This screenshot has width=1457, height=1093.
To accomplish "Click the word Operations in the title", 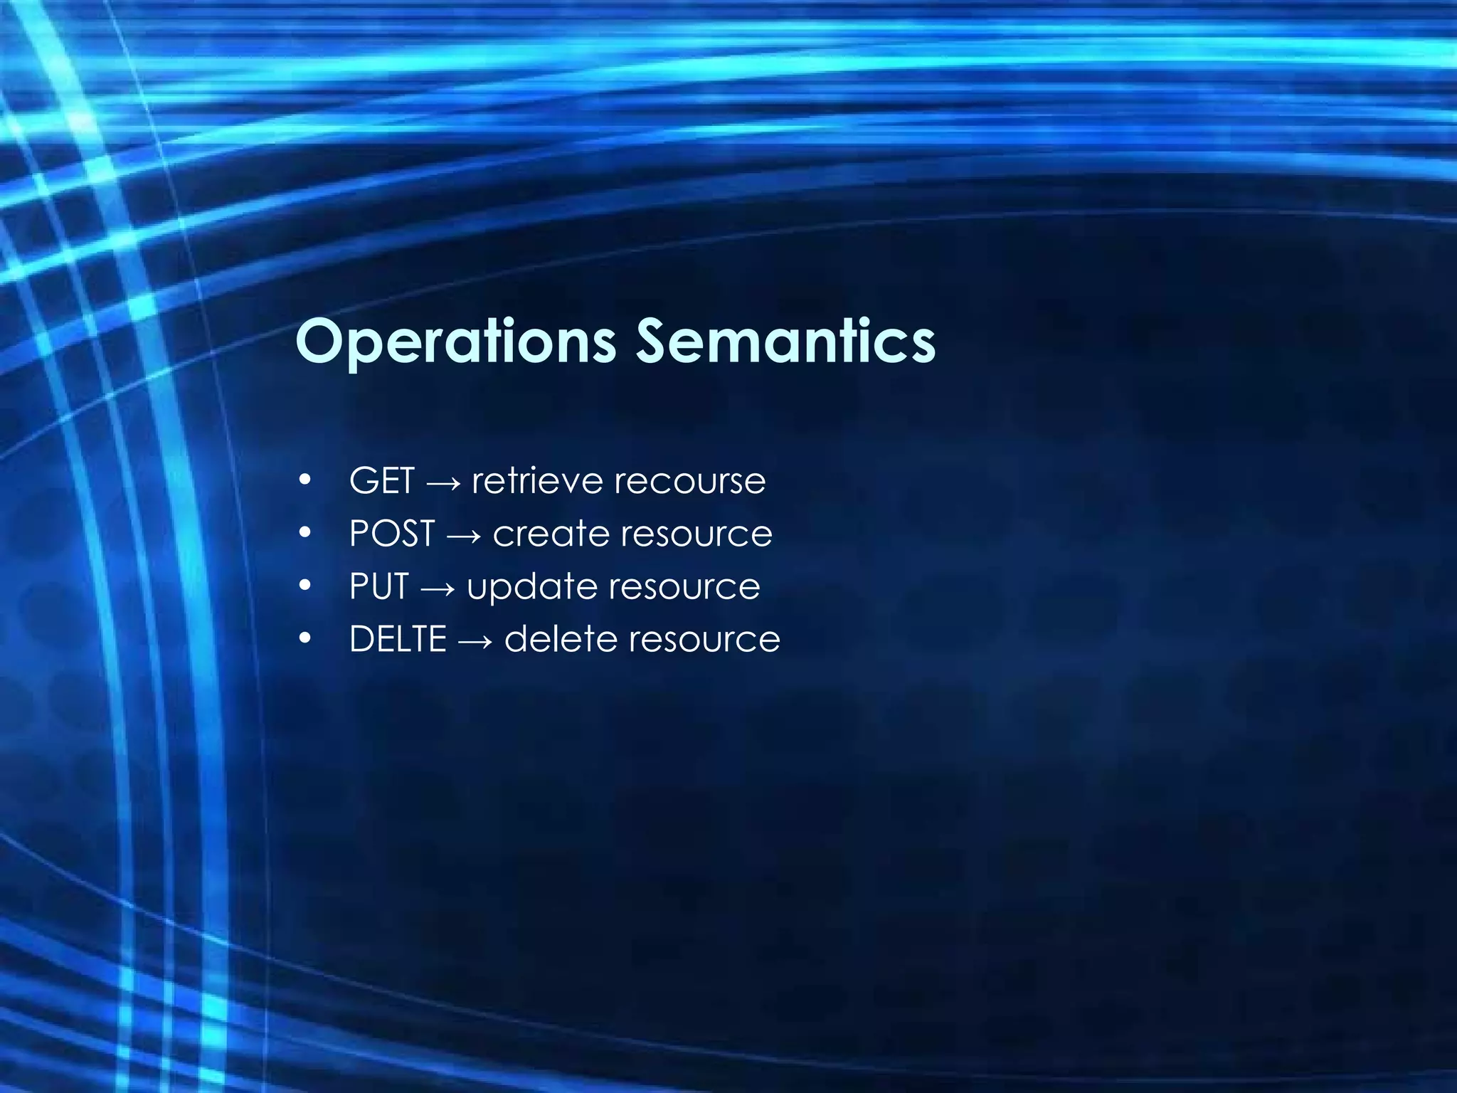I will (455, 342).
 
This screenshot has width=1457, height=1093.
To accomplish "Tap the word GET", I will (381, 480).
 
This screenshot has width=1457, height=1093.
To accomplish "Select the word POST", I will (392, 533).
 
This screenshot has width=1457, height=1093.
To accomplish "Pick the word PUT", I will (378, 586).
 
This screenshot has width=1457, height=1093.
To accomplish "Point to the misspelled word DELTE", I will (398, 639).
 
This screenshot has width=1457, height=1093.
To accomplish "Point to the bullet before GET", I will (305, 481).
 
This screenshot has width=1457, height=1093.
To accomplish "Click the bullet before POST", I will (305, 534).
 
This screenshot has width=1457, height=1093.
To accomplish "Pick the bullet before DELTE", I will (305, 639).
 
